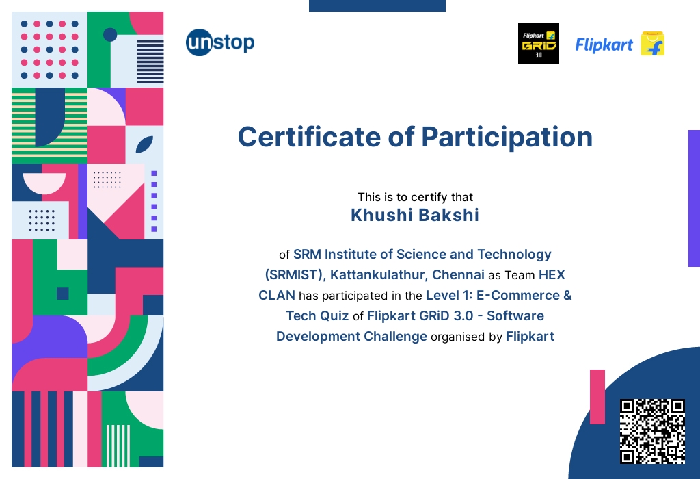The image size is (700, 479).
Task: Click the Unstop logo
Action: pyautogui.click(x=220, y=42)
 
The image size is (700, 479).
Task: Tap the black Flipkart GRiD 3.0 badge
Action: pyautogui.click(x=539, y=44)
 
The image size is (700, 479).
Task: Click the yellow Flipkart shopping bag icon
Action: pyautogui.click(x=653, y=44)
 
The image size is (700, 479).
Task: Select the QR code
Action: pyautogui.click(x=652, y=431)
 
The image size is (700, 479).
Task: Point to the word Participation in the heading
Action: pyautogui.click(x=507, y=138)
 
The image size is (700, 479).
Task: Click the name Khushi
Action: pyautogui.click(x=381, y=215)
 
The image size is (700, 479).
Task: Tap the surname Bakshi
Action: pyautogui.click(x=448, y=215)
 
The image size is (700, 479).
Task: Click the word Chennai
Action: pyautogui.click(x=458, y=274)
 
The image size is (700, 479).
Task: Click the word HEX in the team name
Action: pyautogui.click(x=552, y=274)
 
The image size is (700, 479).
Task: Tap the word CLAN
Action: pyautogui.click(x=277, y=295)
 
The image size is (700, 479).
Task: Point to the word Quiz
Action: pyautogui.click(x=334, y=316)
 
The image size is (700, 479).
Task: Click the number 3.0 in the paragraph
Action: pyautogui.click(x=463, y=315)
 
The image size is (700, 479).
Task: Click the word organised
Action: pyautogui.click(x=457, y=337)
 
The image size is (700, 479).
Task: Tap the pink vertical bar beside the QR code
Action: pyautogui.click(x=597, y=397)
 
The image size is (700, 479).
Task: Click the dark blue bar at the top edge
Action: pyautogui.click(x=377, y=5)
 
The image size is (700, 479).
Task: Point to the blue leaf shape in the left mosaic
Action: pyautogui.click(x=144, y=144)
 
